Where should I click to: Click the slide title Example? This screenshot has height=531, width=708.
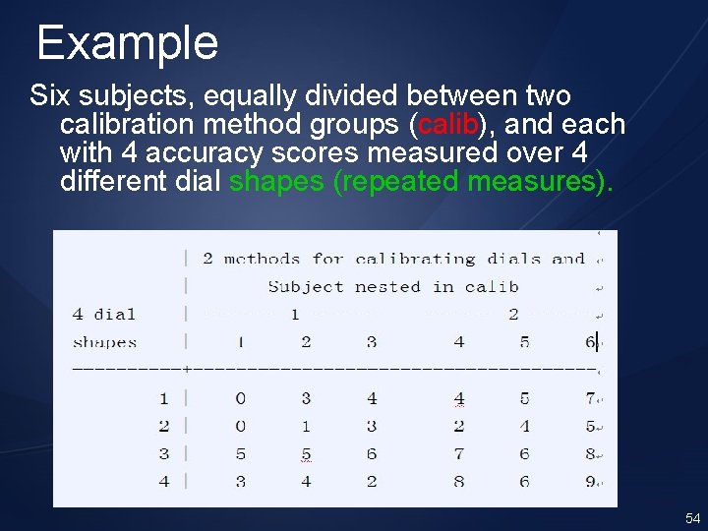[127, 43]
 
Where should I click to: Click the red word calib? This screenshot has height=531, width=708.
[448, 125]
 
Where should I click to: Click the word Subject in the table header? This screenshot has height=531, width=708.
[306, 287]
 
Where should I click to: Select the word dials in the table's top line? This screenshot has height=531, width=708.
[515, 260]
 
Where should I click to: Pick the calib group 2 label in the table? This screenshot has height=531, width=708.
[512, 315]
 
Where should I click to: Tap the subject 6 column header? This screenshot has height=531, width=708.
[588, 342]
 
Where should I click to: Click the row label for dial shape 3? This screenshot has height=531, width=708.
[163, 453]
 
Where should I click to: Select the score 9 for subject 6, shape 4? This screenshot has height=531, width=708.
[589, 482]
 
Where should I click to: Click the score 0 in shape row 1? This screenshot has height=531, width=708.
[240, 398]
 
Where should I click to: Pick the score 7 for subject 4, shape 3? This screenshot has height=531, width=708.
[458, 453]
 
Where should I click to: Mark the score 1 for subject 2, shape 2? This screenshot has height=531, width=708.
[306, 427]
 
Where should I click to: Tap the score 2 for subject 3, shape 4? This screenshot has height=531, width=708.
[371, 482]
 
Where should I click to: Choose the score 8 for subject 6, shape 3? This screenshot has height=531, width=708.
[589, 453]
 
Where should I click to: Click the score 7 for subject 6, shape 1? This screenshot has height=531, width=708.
[589, 398]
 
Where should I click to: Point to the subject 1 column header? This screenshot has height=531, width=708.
[240, 342]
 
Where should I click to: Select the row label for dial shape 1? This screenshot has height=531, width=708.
[163, 398]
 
